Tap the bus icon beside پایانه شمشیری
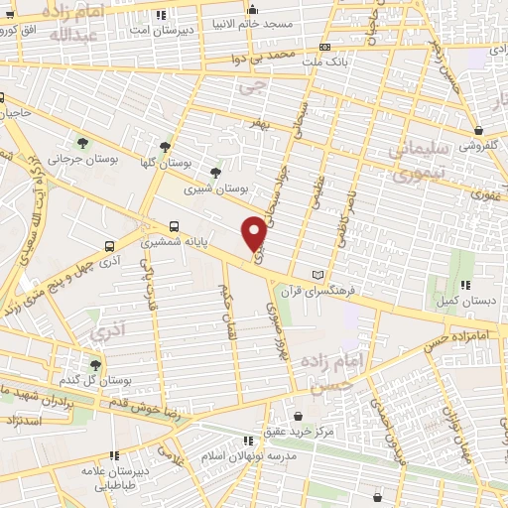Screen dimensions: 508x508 [175, 226]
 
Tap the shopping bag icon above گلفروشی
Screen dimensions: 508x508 [479, 130]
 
